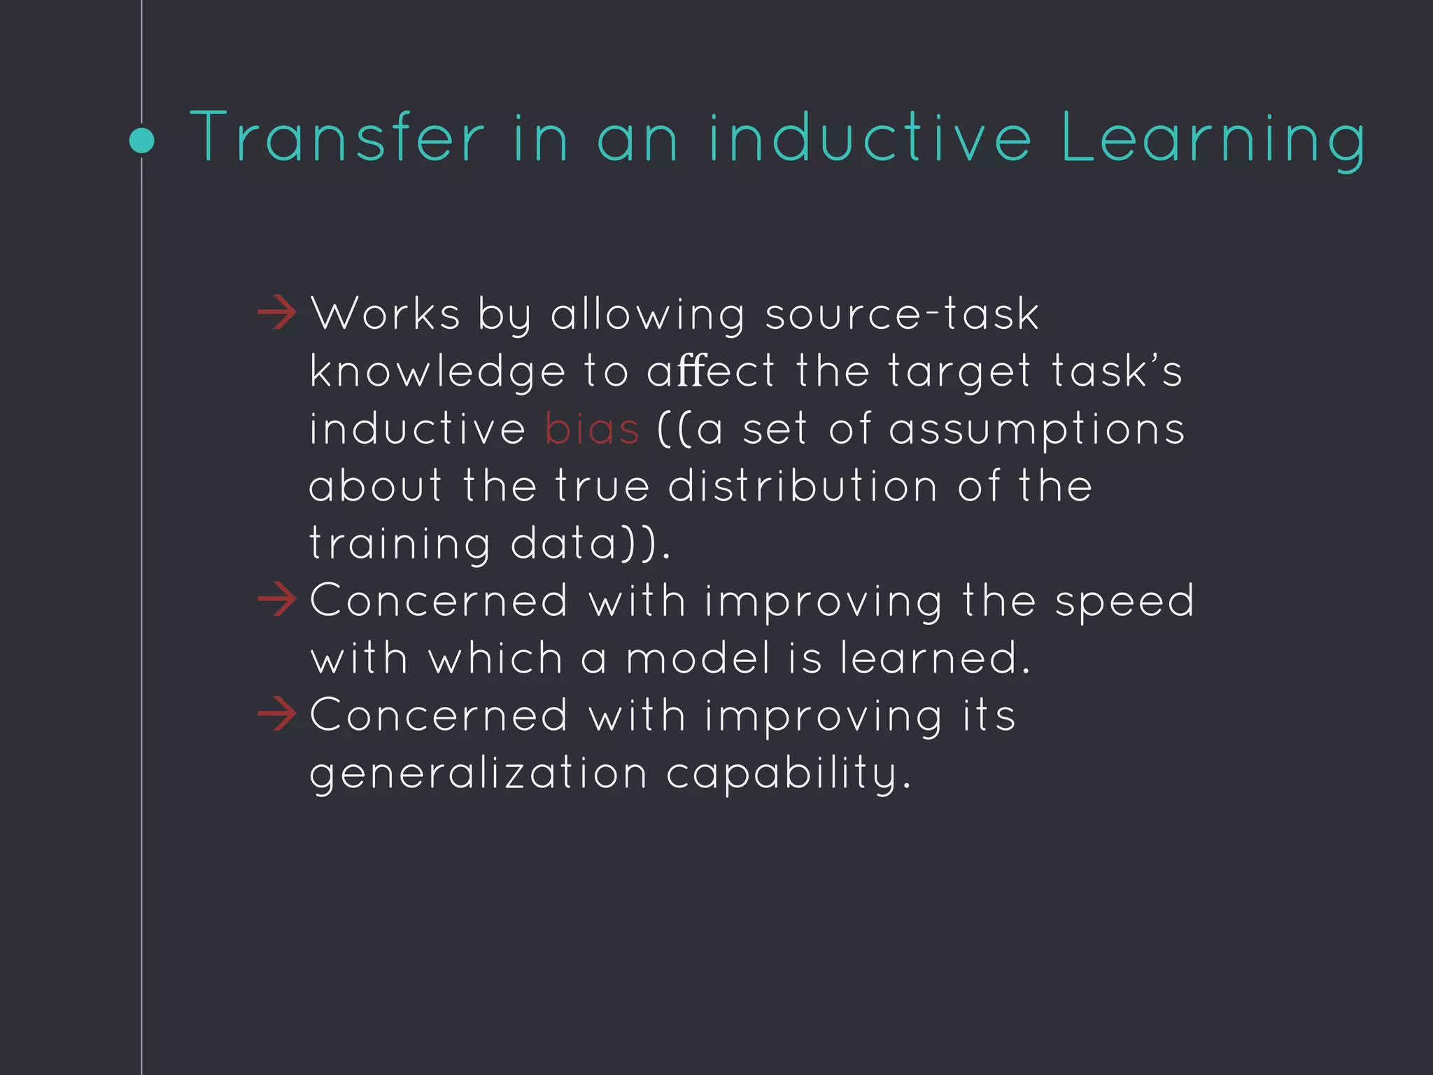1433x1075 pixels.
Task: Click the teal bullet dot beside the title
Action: (142, 141)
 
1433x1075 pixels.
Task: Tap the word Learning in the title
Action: (1213, 140)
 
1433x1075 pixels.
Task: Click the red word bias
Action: (592, 428)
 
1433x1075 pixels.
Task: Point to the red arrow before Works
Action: (277, 313)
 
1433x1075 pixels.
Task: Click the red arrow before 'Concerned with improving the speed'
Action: (277, 600)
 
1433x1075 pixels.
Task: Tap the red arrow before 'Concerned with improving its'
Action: (277, 715)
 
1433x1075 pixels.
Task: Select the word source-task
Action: (902, 314)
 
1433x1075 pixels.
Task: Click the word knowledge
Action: (437, 372)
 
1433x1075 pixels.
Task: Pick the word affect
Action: (711, 371)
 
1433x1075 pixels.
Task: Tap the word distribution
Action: (803, 486)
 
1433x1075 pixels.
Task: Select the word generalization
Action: (479, 774)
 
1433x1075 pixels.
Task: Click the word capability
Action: (788, 774)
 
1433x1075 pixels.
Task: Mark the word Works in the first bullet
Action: (386, 314)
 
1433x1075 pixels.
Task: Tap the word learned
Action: (935, 659)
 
